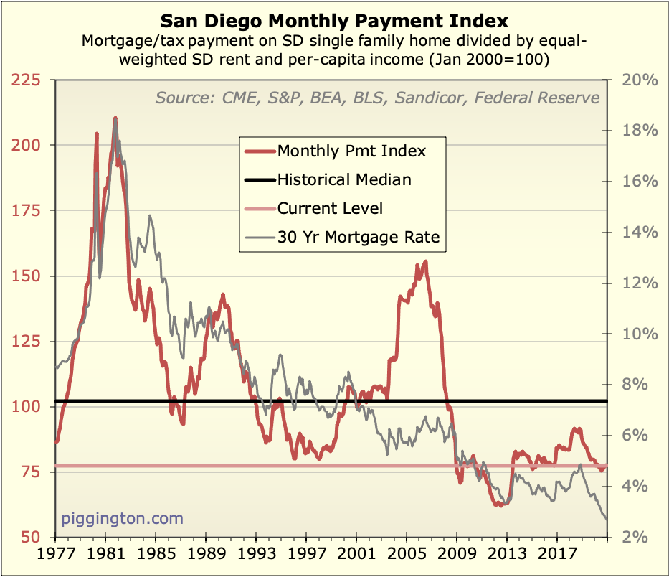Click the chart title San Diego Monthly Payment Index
tap(334, 19)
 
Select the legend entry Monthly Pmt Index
tap(351, 151)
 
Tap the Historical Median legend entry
tap(344, 179)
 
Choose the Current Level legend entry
tap(330, 208)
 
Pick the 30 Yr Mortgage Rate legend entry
tap(359, 238)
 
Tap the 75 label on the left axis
tap(34, 472)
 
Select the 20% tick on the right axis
tap(640, 80)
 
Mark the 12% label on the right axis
tap(640, 283)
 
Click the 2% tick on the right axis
tap(635, 538)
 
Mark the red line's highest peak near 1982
tap(115, 118)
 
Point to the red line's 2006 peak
tap(426, 262)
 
